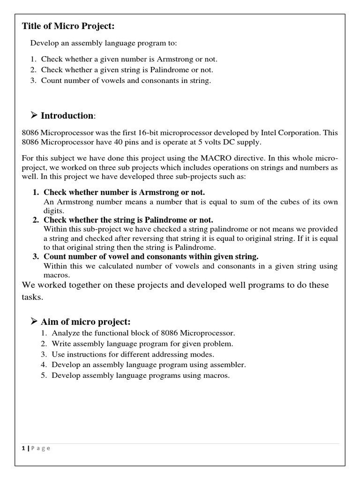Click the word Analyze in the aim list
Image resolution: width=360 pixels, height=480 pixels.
(x=66, y=333)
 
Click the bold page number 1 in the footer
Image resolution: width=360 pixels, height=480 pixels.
(x=23, y=448)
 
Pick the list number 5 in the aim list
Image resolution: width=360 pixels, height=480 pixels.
(x=43, y=375)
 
